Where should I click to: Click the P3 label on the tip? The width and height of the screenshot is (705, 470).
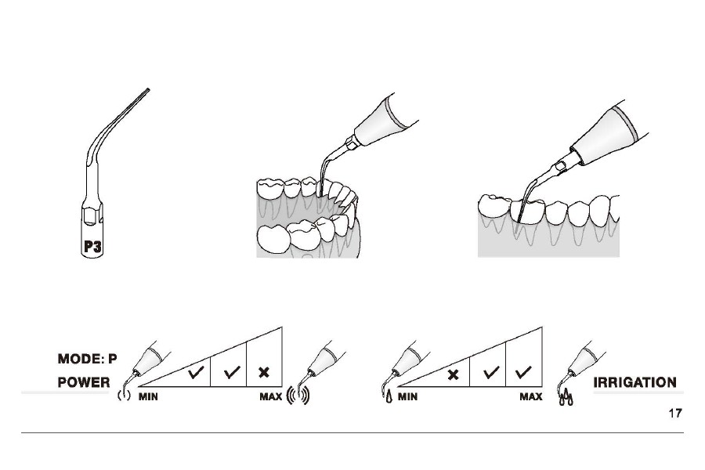click(x=92, y=247)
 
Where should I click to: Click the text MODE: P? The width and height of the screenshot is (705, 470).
click(x=87, y=359)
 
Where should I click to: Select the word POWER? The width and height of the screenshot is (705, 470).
click(x=84, y=382)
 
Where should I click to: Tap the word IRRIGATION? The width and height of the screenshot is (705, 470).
click(x=634, y=382)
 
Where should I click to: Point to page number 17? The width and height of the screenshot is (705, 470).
click(x=675, y=413)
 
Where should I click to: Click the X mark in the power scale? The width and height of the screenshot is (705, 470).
click(x=265, y=372)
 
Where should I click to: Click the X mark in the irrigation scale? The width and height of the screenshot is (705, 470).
click(x=454, y=374)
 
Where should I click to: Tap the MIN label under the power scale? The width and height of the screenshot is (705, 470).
click(x=148, y=396)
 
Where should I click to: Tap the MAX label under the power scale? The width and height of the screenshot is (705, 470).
click(x=271, y=396)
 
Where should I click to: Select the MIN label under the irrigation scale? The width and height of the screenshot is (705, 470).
click(x=407, y=396)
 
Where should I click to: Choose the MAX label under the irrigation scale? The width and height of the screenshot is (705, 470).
click(x=531, y=396)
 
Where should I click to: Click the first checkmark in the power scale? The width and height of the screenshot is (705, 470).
click(x=196, y=372)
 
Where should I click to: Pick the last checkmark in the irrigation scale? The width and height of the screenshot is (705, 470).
click(x=523, y=372)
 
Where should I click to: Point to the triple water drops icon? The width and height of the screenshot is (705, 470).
click(x=566, y=397)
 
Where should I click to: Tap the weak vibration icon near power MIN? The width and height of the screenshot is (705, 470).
click(x=124, y=396)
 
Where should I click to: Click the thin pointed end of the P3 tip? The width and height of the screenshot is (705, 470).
click(x=148, y=89)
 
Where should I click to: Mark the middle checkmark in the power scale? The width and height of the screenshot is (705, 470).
click(x=232, y=372)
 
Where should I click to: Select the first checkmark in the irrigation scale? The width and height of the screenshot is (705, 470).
click(x=491, y=372)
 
